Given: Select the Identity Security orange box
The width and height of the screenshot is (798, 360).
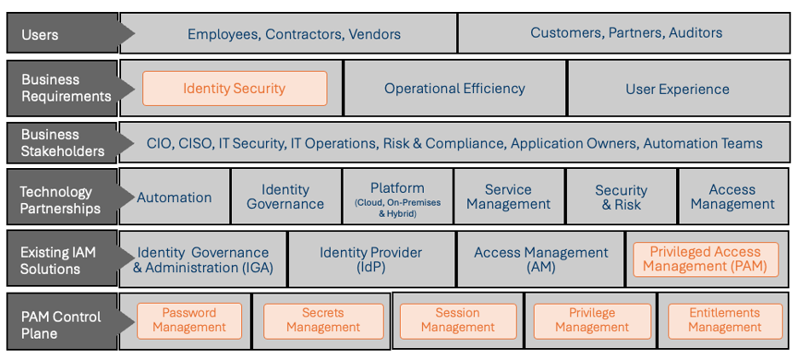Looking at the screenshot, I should point(234,88).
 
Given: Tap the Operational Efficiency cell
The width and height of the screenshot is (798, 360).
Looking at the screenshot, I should point(454,88).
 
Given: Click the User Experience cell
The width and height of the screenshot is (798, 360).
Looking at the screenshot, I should point(677,89).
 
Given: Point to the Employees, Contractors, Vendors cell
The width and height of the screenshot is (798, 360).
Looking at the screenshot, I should point(293,34).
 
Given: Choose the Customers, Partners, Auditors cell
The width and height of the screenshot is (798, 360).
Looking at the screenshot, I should point(626,33).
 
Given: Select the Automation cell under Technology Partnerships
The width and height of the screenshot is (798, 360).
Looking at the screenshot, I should point(175,197).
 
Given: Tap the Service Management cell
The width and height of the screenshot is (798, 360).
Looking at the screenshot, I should point(508,197).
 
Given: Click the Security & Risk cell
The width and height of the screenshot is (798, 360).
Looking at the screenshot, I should point(621,197).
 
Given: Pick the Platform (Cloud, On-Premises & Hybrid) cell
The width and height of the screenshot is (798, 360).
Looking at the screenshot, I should point(397,198).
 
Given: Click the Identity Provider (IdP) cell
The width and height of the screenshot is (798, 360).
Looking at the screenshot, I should point(371,259).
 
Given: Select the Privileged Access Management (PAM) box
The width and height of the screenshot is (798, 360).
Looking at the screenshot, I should point(705,258).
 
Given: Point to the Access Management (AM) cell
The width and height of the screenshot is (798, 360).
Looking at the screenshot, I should point(541,259).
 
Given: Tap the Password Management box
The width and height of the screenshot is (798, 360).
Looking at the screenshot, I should point(189,320).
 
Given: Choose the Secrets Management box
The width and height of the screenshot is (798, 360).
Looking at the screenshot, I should point(323,320).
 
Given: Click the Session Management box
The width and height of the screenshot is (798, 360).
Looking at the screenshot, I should point(458,320).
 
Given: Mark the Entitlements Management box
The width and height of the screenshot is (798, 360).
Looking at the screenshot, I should point(725,320).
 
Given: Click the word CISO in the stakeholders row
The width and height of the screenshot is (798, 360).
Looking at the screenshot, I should point(195,143).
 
